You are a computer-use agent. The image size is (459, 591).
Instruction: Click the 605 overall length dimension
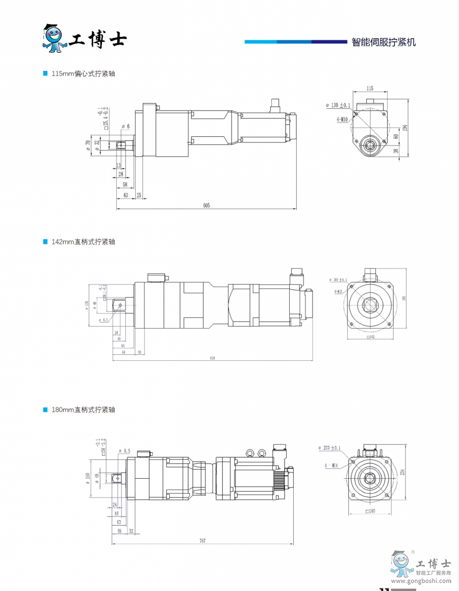(206, 205)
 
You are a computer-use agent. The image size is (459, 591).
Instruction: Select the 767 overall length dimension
(202, 540)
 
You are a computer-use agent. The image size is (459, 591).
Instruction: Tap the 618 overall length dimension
(212, 358)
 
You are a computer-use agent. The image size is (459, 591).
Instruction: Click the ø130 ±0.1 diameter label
(339, 105)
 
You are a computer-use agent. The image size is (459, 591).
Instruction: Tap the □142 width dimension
(371, 337)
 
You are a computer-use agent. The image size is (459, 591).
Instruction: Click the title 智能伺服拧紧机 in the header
(384, 42)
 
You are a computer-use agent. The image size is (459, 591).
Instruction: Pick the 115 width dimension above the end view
(370, 88)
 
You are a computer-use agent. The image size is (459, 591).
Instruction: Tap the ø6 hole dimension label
(126, 126)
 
